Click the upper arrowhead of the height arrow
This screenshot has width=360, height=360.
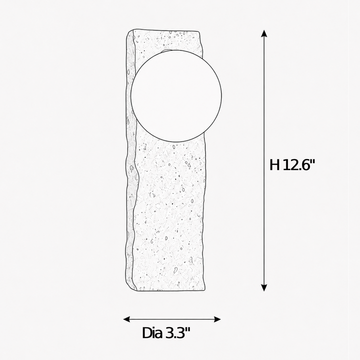point(264,33)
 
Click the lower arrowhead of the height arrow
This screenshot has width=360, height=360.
point(264,287)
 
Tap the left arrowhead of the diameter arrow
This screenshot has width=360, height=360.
point(126,319)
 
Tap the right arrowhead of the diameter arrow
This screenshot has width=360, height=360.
point(217,319)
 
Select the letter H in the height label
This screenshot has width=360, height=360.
point(274,164)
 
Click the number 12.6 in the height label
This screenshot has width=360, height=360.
point(296,164)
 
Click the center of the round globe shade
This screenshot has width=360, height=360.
point(176,95)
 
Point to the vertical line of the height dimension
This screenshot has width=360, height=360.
point(264,160)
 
